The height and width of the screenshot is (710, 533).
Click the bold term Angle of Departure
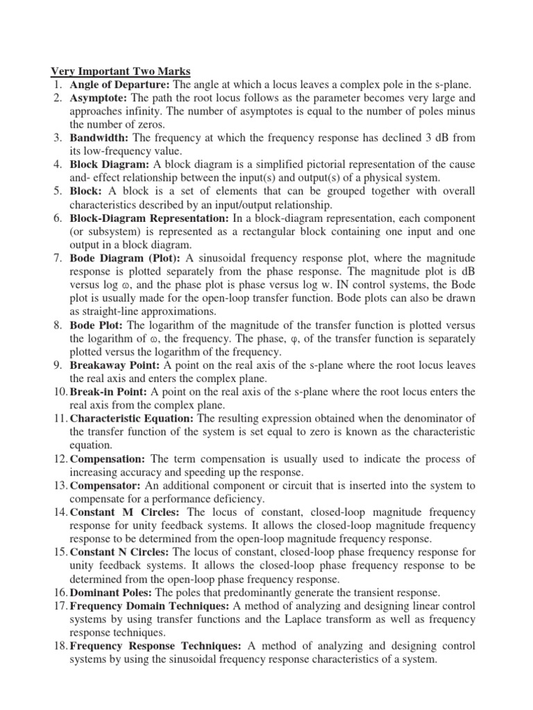point(114,85)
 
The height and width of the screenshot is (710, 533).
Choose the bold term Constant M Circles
point(119,512)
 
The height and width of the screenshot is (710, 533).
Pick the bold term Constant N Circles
point(119,553)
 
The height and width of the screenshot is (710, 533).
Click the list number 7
point(58,258)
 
